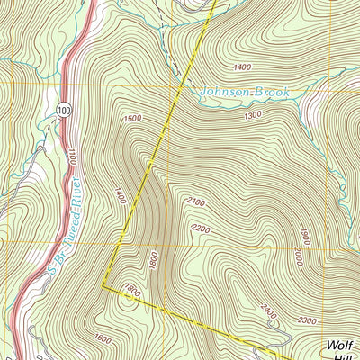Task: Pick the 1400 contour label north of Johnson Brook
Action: (x=241, y=67)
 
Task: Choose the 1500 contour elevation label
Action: (x=134, y=119)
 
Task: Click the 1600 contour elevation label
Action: (x=103, y=338)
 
